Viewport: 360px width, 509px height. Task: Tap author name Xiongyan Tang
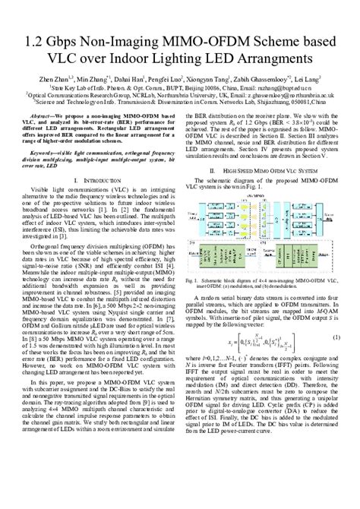216,77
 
